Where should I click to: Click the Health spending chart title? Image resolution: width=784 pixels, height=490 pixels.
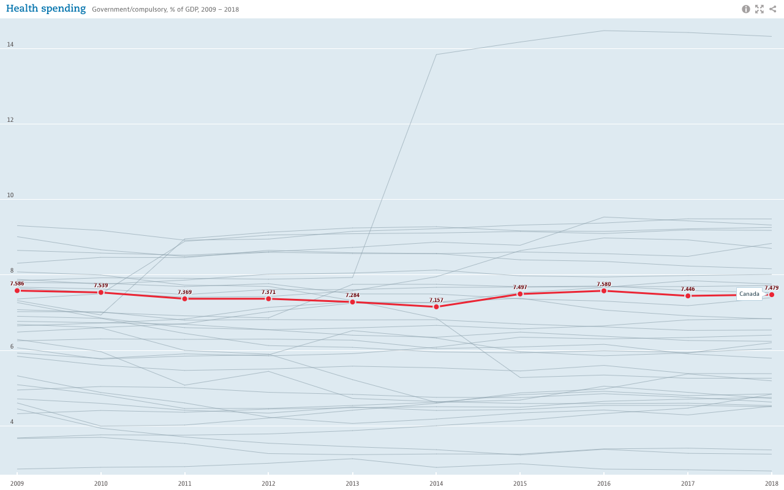point(46,9)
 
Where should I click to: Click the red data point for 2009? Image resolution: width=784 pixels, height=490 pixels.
point(17,290)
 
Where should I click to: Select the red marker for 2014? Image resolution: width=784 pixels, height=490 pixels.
point(436,306)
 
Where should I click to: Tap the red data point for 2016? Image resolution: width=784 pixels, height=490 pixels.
point(604,290)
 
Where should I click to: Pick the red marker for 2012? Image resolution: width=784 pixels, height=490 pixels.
point(268,298)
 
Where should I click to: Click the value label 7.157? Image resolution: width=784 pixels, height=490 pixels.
point(436,300)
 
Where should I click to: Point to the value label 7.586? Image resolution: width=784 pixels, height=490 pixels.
point(17,284)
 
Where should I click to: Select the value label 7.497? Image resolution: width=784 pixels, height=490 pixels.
point(520,287)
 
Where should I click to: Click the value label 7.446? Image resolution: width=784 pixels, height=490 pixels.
point(688,289)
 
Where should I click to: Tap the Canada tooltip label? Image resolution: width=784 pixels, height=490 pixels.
point(749,294)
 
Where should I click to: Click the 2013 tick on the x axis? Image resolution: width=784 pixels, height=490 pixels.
point(352,483)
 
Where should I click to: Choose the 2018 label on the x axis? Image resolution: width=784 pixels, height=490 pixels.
point(771,483)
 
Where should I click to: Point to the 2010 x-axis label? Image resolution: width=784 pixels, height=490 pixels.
point(101,483)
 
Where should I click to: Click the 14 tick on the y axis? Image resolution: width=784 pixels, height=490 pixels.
point(10,45)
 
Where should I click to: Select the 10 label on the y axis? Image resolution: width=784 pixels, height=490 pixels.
point(10,195)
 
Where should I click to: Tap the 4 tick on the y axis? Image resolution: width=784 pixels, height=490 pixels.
point(10,422)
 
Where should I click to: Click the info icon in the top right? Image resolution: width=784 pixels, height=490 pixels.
point(746,9)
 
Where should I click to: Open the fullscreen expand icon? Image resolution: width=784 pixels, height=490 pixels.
point(759,9)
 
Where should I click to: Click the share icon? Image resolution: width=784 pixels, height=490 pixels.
point(773,9)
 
